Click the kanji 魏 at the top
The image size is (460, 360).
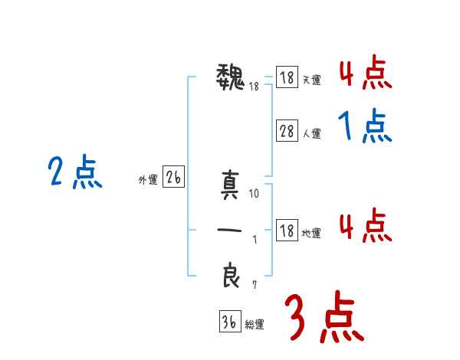click(x=231, y=77)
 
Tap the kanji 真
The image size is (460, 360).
click(x=231, y=186)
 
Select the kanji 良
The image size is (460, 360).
click(x=231, y=275)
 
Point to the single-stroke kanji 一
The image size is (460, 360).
click(x=231, y=231)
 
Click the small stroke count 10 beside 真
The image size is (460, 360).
click(x=255, y=195)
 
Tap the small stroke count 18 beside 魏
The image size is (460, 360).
click(x=254, y=86)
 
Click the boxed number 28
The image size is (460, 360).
click(x=287, y=131)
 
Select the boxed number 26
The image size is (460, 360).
click(x=173, y=178)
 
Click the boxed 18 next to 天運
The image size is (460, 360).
click(x=287, y=78)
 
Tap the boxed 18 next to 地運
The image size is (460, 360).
click(x=287, y=231)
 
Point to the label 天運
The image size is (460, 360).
click(x=311, y=80)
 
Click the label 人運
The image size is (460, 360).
click(x=311, y=133)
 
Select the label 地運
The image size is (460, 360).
click(x=311, y=233)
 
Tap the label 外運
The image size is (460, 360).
click(x=148, y=180)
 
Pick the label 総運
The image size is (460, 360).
click(x=255, y=324)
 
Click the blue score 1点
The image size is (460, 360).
click(x=364, y=126)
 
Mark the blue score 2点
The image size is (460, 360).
click(x=75, y=172)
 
